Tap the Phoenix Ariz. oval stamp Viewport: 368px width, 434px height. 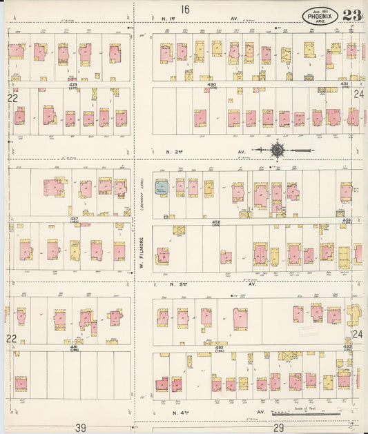[x=320, y=15]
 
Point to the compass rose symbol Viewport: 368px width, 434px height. [x=277, y=149]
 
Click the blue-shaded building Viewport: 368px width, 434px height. [x=162, y=186]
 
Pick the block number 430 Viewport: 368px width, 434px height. [x=211, y=84]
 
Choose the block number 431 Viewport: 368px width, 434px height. [x=344, y=83]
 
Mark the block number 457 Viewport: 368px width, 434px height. [x=73, y=219]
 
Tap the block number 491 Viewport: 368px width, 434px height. [x=74, y=347]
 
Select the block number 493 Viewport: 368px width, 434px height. [x=347, y=346]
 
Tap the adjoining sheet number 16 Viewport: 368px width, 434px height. [x=184, y=9]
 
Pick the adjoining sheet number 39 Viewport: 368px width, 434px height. [x=80, y=428]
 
